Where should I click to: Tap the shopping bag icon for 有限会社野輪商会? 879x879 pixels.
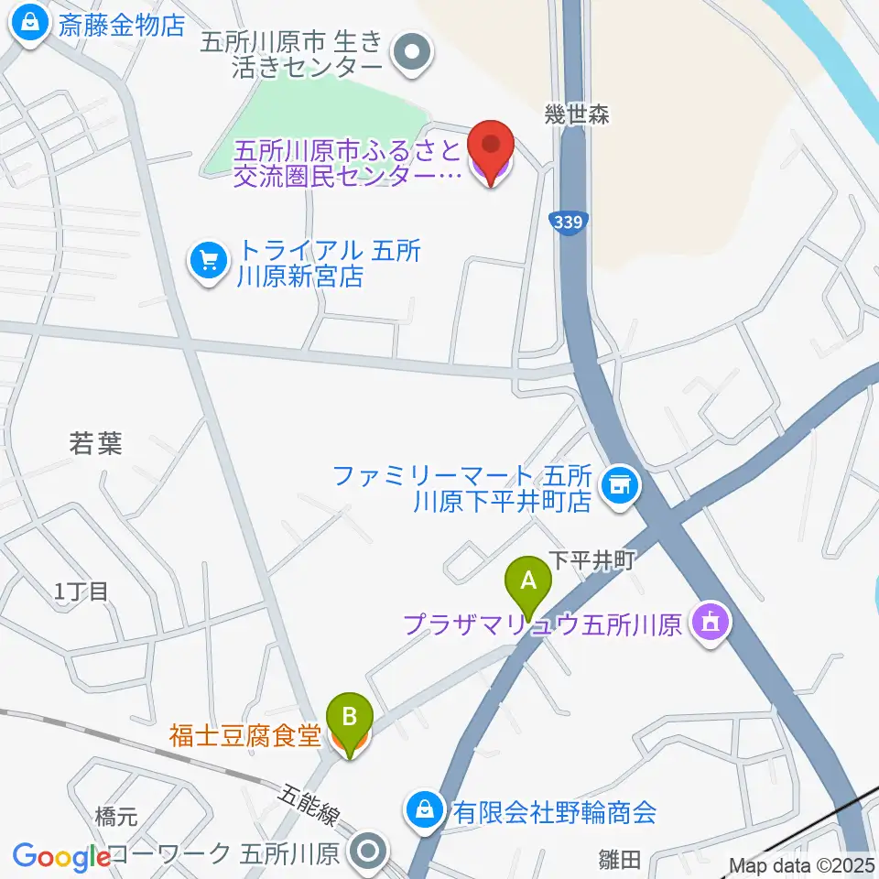tap(426, 809)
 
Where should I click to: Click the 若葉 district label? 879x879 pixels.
tap(95, 444)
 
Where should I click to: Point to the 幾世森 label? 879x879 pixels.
tap(577, 114)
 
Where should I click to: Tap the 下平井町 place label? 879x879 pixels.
tap(591, 560)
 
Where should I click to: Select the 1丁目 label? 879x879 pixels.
tap(81, 591)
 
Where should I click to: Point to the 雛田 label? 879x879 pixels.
tap(620, 859)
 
